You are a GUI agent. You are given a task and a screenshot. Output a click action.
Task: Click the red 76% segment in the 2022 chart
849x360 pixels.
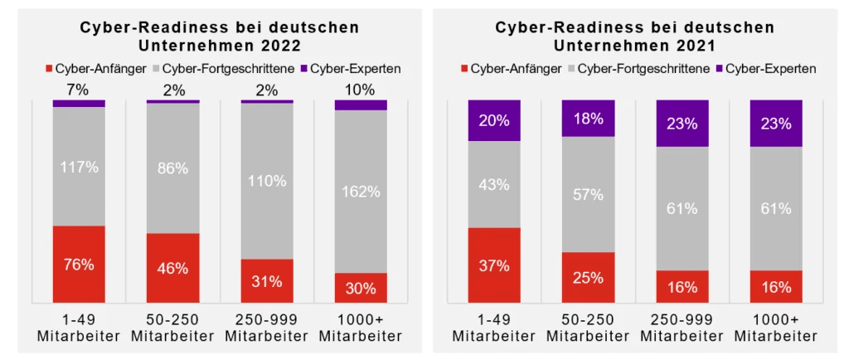click(79, 264)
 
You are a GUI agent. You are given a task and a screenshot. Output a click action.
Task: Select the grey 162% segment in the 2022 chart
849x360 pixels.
click(361, 191)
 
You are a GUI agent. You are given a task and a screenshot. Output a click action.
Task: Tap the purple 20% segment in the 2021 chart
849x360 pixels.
click(494, 121)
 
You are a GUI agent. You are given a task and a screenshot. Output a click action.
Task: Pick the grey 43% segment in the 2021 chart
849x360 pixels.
click(494, 184)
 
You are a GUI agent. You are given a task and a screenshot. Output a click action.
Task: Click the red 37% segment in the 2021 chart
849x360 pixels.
click(494, 265)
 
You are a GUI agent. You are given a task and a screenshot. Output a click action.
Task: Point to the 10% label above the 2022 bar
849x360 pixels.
click(361, 90)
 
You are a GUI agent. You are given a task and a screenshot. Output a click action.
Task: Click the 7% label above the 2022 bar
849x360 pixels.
click(79, 90)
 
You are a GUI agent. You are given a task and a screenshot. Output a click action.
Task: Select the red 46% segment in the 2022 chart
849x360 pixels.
click(172, 267)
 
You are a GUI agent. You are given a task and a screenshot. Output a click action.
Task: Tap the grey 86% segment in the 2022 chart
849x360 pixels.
click(172, 168)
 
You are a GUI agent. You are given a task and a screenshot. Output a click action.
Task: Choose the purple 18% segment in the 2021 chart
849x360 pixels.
click(588, 119)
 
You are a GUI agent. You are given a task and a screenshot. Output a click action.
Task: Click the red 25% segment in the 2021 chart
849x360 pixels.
click(588, 277)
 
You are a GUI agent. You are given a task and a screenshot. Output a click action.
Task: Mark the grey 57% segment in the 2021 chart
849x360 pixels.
click(588, 194)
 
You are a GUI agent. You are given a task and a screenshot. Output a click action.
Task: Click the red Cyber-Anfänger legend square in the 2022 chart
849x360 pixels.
click(50, 68)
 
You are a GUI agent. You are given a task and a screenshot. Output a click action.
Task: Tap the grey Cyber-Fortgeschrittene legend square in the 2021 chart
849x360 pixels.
click(573, 68)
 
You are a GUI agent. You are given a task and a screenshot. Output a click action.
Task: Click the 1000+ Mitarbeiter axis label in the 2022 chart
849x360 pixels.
click(361, 328)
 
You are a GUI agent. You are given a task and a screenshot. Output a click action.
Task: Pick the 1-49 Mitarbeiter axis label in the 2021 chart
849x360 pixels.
click(494, 328)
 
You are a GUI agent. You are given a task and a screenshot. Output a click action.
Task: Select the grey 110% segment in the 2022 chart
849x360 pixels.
click(267, 181)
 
